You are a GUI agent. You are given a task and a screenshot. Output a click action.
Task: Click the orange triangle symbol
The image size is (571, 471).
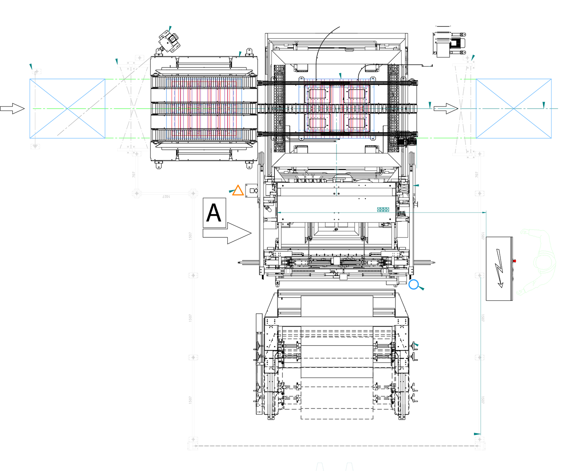pyautogui.click(x=238, y=190)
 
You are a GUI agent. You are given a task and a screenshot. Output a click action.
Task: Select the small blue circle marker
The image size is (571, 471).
pyautogui.click(x=413, y=284)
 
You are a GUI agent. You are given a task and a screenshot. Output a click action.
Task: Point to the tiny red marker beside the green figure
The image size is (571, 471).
pyautogui.click(x=515, y=261)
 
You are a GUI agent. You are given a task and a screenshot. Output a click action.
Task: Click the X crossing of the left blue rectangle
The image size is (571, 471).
pyautogui.click(x=67, y=109)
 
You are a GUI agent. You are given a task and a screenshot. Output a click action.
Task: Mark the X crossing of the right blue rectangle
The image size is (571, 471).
pyautogui.click(x=514, y=109)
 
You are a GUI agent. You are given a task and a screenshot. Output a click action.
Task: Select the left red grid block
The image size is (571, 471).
pyautogui.click(x=204, y=108)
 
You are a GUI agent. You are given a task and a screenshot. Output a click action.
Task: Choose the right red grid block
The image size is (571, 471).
pyautogui.click(x=337, y=108)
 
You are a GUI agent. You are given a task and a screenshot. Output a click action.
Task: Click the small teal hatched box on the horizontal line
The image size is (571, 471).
pyautogui.click(x=383, y=210)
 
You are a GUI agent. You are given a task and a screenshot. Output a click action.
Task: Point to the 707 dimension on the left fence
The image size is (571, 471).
pyautogui.click(x=134, y=175)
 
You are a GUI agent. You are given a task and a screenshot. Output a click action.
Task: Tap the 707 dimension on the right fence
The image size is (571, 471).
pyautogui.click(x=476, y=175)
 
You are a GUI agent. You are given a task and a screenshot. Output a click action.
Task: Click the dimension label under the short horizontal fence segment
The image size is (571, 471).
pyautogui.click(x=166, y=197)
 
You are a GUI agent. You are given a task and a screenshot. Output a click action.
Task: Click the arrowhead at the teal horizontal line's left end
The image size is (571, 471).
pyautogui.click(x=279, y=213)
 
